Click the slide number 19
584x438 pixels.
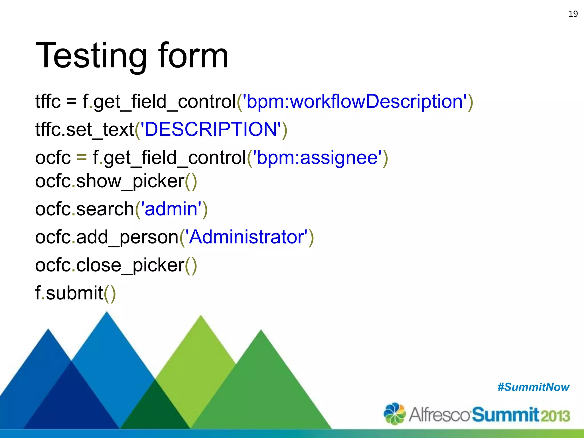(573, 14)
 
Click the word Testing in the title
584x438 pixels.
(91, 56)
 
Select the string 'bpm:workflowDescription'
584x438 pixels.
(355, 102)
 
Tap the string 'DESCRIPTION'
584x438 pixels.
(211, 129)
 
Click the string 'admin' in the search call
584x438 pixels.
(171, 209)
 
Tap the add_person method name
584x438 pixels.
(127, 237)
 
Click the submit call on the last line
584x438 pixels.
(74, 293)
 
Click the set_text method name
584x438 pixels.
(100, 129)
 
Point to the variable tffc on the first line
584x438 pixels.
(48, 102)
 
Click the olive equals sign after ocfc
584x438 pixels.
(82, 157)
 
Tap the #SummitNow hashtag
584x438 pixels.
(533, 387)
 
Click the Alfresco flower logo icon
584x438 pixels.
(394, 413)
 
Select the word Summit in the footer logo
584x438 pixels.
(505, 415)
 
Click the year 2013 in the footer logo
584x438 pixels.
(555, 416)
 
